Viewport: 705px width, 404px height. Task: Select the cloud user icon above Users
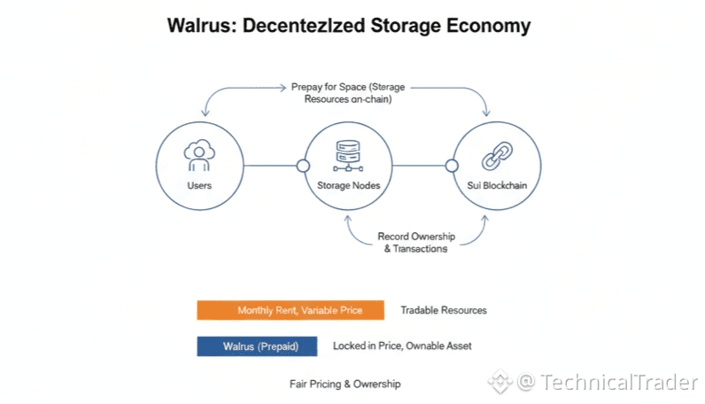[198, 155]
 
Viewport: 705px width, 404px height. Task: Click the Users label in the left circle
[199, 185]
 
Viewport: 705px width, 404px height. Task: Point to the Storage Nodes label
[347, 185]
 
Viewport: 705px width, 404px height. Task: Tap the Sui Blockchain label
[497, 185]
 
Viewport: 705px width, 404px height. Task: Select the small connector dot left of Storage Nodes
[302, 166]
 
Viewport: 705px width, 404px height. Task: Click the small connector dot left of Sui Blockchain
[452, 166]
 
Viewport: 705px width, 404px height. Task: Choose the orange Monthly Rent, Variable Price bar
[291, 310]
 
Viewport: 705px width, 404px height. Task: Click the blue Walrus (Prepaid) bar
[257, 346]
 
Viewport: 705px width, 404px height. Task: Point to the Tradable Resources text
[443, 310]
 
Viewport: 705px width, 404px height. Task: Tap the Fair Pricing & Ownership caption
[345, 384]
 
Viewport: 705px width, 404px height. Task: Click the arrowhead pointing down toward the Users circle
[206, 113]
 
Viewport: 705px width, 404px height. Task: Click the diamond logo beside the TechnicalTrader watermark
[500, 382]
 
